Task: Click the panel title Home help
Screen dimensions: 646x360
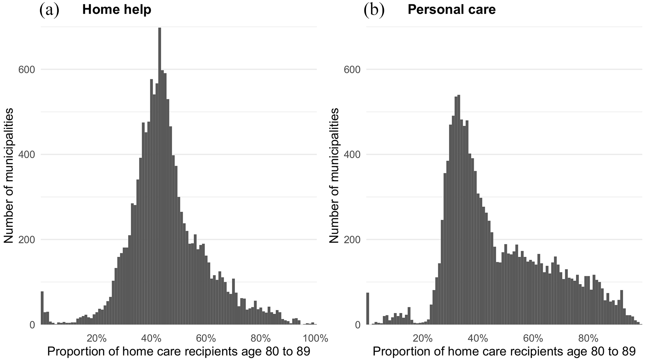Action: click(x=117, y=10)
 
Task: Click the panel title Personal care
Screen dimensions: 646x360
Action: click(x=451, y=10)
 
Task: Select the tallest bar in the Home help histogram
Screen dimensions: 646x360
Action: click(x=160, y=176)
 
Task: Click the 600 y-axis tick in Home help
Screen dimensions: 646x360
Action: click(x=27, y=70)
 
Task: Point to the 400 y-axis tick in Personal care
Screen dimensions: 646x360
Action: click(x=352, y=154)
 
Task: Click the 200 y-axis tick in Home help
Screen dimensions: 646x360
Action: click(x=27, y=240)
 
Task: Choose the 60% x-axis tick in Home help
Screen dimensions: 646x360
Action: click(x=206, y=338)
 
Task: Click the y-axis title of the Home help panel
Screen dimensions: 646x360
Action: click(x=9, y=175)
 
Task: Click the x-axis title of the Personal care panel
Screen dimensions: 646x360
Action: click(x=504, y=352)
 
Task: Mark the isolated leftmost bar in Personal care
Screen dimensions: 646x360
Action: click(x=368, y=309)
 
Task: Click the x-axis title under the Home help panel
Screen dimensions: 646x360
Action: click(x=179, y=352)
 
